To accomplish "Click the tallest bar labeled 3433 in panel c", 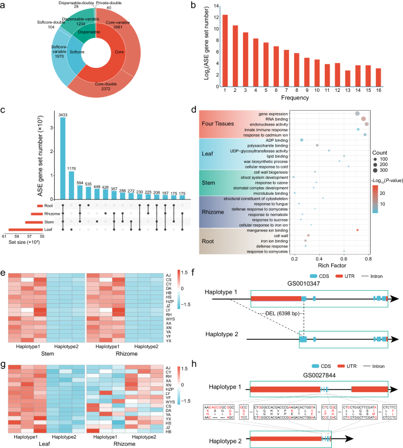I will pyautogui.click(x=62, y=153).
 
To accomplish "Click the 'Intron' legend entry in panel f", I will pyautogui.click(x=369, y=274).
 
